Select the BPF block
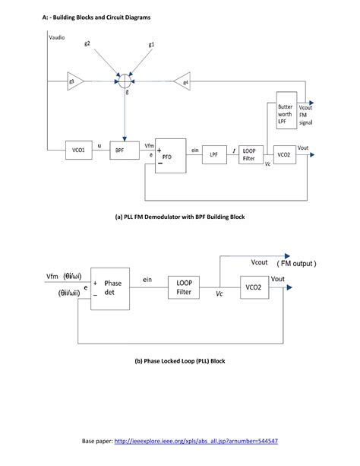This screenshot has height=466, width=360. pos(120,151)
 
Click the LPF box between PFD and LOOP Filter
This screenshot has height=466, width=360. pos(214,153)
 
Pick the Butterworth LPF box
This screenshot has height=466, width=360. pos(286,116)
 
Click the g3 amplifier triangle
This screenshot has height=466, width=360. pos(74,80)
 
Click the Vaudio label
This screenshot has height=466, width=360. pos(58,36)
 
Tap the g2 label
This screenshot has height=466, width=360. pos(88,43)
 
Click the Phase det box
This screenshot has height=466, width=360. pos(112,288)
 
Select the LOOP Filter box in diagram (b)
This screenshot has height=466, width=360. pos(184,287)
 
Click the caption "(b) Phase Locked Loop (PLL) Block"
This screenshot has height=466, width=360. pos(180,360)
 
